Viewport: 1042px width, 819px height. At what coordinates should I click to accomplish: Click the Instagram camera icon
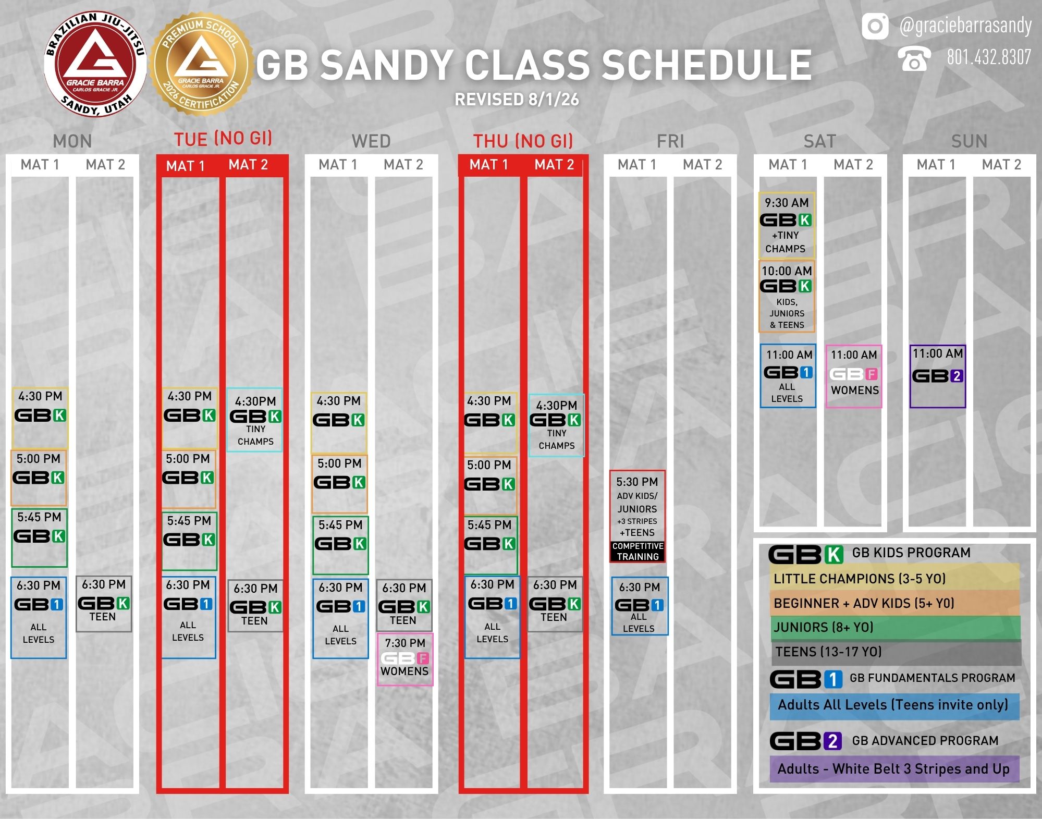[875, 26]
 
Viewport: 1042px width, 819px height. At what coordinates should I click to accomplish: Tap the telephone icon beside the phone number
[914, 58]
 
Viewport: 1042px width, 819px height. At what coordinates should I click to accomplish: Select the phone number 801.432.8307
[989, 57]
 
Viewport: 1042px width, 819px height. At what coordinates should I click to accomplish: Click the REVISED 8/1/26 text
[517, 99]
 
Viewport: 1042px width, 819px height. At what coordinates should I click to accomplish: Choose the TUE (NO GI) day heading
[223, 139]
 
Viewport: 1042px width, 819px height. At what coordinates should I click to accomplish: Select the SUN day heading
[969, 141]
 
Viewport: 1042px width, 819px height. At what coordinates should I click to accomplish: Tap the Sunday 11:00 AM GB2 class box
[938, 376]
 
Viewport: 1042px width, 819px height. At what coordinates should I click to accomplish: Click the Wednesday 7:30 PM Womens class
[405, 659]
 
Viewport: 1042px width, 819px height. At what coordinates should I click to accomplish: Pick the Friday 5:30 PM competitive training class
[638, 517]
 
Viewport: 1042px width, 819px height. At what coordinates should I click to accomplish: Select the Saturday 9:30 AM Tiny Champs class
[787, 225]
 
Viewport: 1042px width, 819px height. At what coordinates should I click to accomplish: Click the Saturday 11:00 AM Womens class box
[854, 376]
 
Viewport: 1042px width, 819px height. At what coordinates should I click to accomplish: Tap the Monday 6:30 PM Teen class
[104, 604]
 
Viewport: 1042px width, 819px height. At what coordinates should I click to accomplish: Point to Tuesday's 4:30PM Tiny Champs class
[255, 420]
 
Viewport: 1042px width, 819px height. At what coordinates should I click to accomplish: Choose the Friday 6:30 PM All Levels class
[640, 606]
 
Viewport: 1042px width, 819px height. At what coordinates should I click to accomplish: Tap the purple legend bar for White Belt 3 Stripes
[894, 769]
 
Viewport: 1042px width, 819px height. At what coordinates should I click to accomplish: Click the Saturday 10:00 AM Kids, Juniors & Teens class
[787, 296]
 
